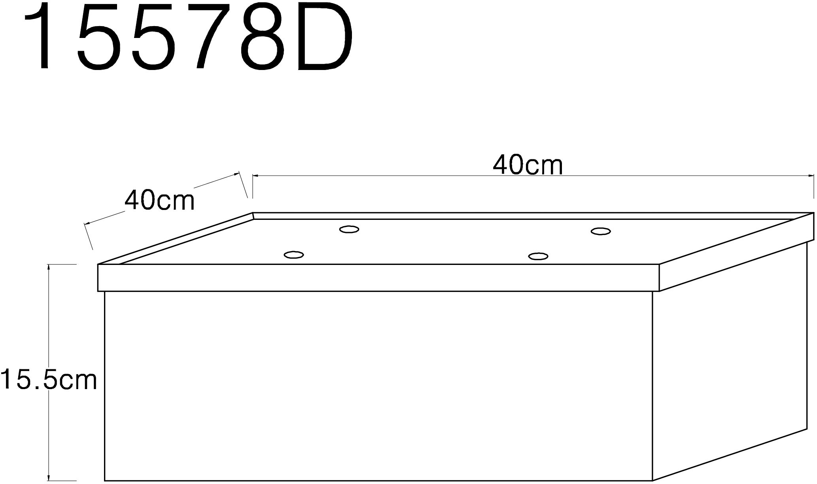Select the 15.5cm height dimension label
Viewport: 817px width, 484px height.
point(48,380)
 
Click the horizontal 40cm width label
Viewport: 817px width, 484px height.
point(528,165)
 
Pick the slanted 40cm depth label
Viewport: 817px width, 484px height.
point(160,200)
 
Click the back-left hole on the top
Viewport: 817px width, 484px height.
point(349,229)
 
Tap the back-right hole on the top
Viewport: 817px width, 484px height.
point(600,231)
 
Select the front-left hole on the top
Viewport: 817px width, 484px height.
point(294,255)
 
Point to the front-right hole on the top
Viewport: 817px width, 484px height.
point(538,257)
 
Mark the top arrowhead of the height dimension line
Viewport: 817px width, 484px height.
point(49,267)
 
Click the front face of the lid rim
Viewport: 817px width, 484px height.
point(378,278)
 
